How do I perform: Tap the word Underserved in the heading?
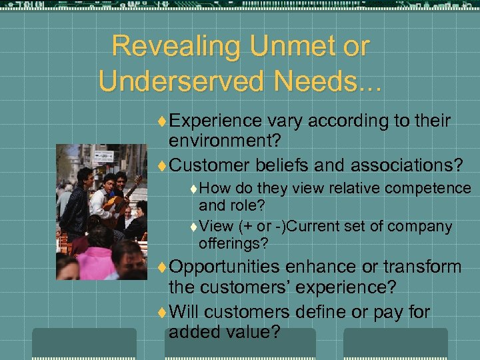click(177, 81)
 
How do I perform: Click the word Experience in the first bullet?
click(215, 121)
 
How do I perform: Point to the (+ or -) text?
click(262, 226)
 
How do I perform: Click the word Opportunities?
click(224, 267)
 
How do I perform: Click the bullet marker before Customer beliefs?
click(163, 165)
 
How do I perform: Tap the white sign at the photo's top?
click(103, 157)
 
